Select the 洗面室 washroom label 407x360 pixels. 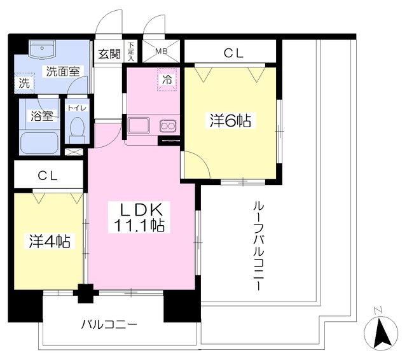(x=62, y=71)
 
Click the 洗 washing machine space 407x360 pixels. (x=24, y=83)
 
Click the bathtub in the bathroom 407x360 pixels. (x=38, y=142)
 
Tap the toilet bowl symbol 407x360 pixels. (x=76, y=130)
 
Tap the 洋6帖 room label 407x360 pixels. (x=230, y=120)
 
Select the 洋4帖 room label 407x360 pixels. (x=48, y=241)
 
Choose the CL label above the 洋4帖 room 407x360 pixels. (x=48, y=175)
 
